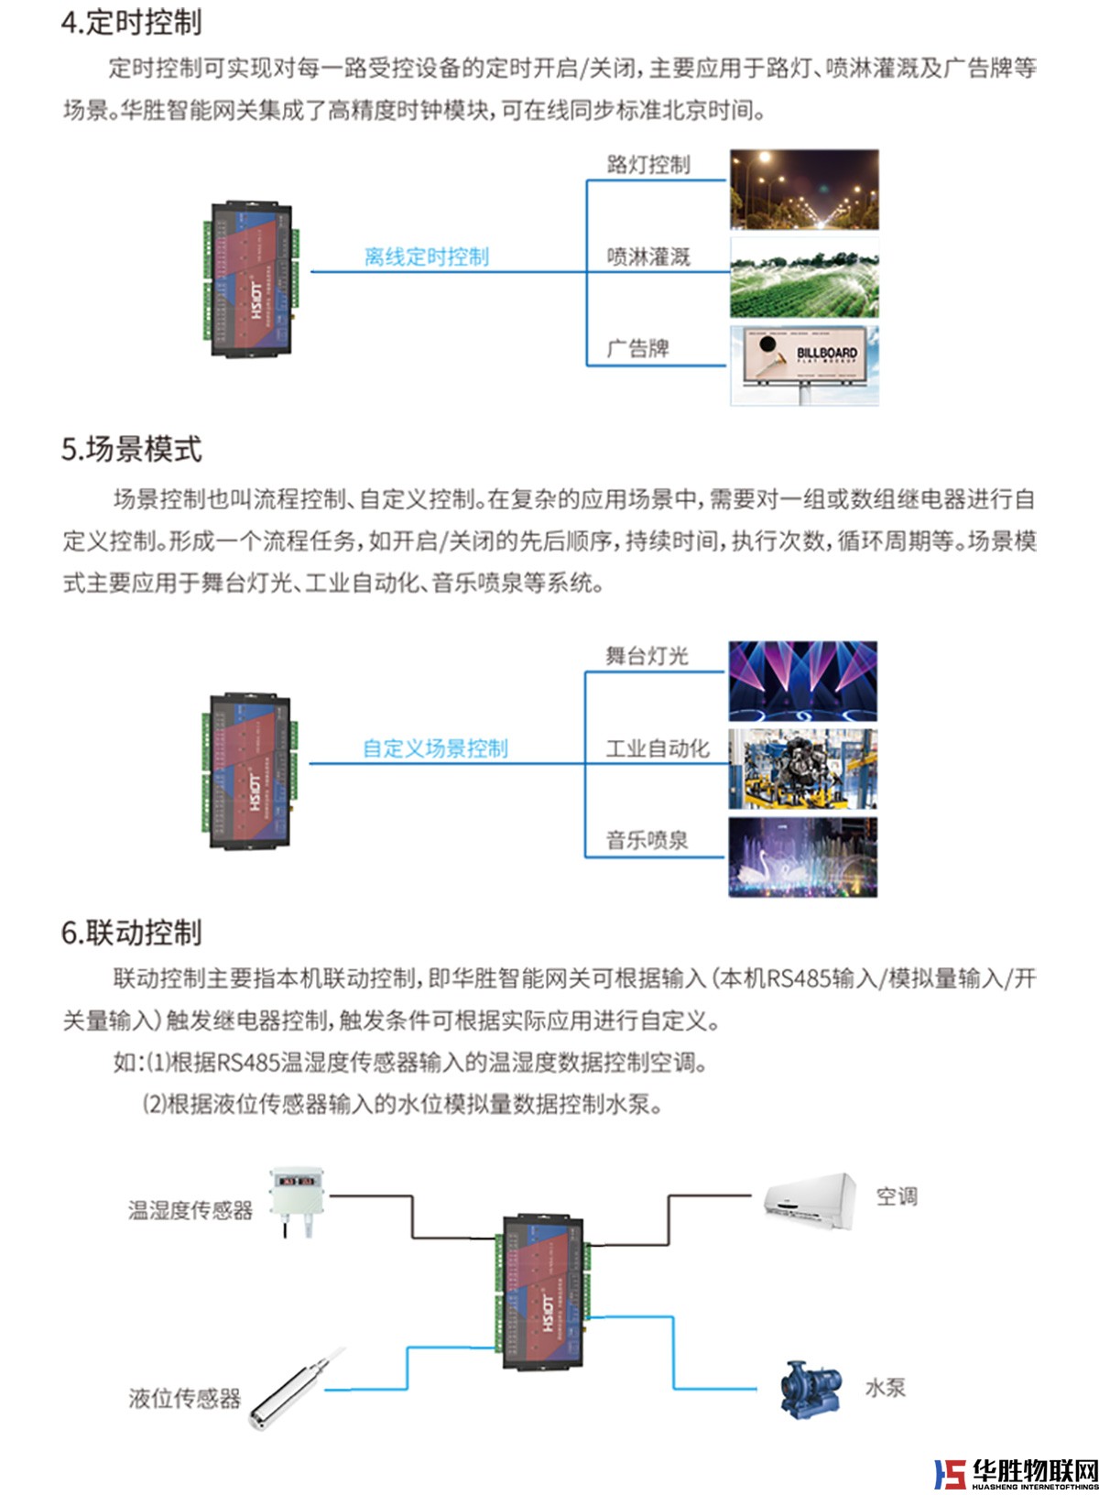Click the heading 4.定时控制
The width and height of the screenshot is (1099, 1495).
tap(131, 23)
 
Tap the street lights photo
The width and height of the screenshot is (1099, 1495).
tap(803, 190)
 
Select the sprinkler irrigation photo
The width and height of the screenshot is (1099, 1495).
tap(803, 278)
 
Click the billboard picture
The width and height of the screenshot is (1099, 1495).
tap(803, 364)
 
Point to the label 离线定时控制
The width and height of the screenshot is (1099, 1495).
tap(427, 256)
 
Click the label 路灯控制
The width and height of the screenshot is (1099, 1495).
tap(647, 165)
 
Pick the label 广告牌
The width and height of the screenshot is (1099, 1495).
tap(637, 348)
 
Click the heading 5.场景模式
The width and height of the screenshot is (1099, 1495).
tap(131, 450)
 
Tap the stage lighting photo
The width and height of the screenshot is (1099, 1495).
tap(802, 681)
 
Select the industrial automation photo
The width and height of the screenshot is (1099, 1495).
tap(802, 769)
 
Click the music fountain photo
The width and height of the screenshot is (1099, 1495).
tap(802, 857)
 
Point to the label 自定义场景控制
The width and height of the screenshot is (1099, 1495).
tap(435, 748)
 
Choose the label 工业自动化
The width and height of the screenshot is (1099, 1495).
tap(657, 748)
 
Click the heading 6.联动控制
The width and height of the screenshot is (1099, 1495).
tap(131, 933)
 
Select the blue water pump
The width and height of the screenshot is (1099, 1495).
tap(811, 1389)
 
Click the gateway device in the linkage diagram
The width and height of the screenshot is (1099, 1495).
tap(543, 1292)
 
